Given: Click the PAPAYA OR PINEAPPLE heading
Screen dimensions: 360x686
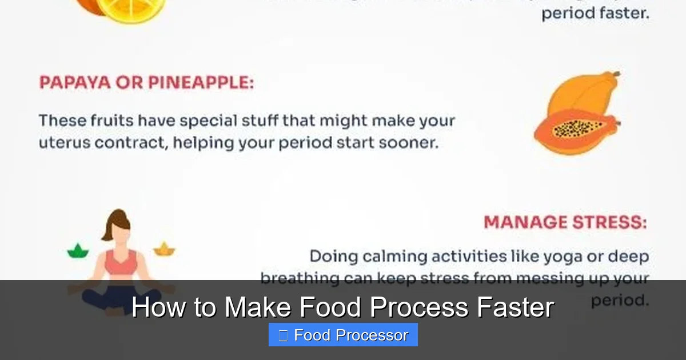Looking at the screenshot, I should [146, 83].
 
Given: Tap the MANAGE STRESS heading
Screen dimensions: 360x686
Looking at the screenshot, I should [565, 222].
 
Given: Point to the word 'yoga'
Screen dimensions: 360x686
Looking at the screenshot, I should [563, 257].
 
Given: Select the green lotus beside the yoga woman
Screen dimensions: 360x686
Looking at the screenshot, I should [78, 250].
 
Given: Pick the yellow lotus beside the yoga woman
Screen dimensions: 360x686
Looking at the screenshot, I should [164, 249].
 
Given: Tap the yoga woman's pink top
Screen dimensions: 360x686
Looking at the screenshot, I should [121, 263].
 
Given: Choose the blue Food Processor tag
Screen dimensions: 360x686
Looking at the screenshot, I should [343, 335].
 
